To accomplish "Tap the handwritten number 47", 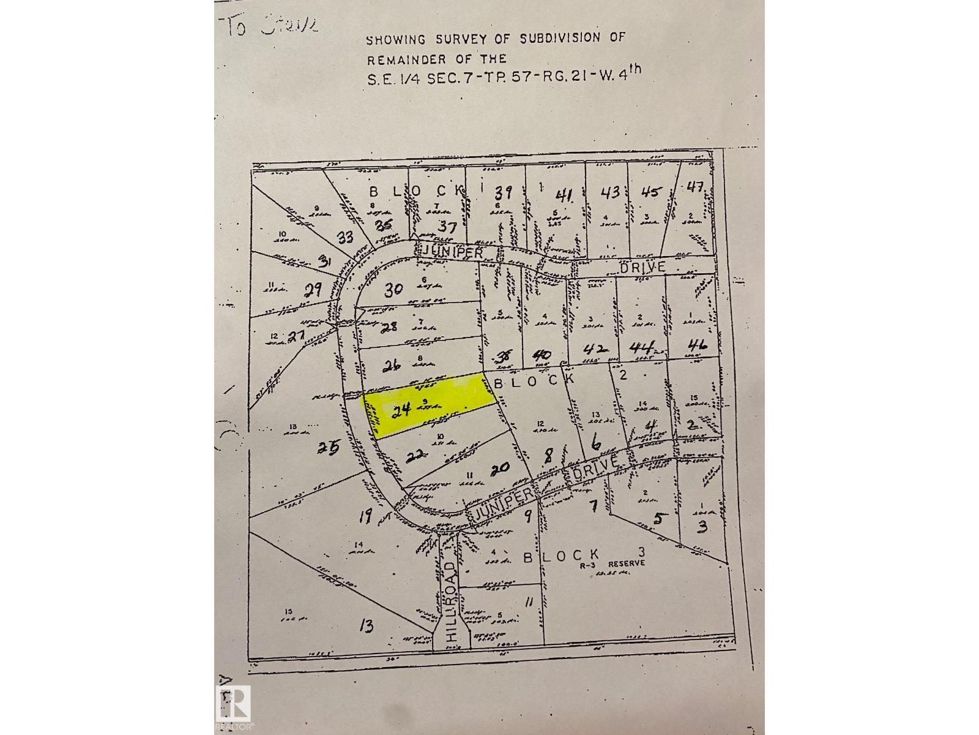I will point(696,188).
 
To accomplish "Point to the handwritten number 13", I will point(367,625).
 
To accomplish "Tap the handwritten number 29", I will point(313,289).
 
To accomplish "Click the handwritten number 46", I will point(697,345).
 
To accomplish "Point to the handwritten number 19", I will point(365,518).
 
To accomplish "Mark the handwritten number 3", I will point(702,526).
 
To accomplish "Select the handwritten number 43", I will point(611,192).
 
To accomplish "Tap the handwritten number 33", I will point(345,236).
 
